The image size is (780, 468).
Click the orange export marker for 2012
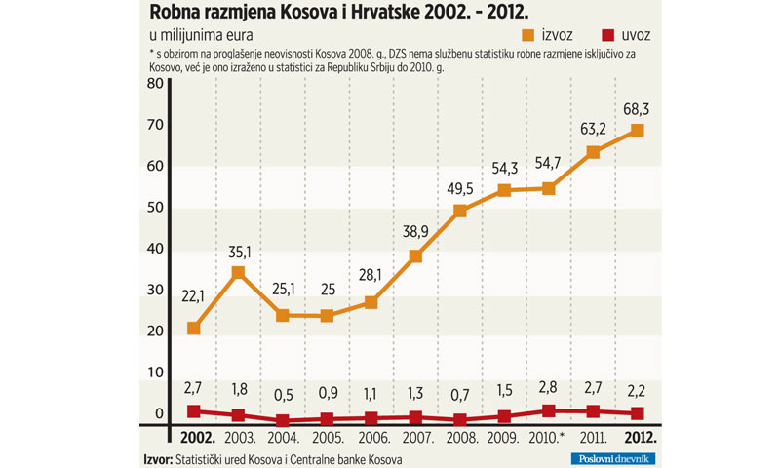point(637,131)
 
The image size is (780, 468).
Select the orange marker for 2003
point(238,273)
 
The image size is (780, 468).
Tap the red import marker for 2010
point(548,411)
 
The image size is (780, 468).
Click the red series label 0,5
point(283,396)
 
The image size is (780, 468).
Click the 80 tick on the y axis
point(154,84)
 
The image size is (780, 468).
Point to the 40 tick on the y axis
point(154,249)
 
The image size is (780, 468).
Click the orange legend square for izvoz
point(529,36)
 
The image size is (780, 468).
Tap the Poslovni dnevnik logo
point(612,458)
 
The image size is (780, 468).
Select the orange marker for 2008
point(459,211)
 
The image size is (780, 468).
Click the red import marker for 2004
point(283,420)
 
